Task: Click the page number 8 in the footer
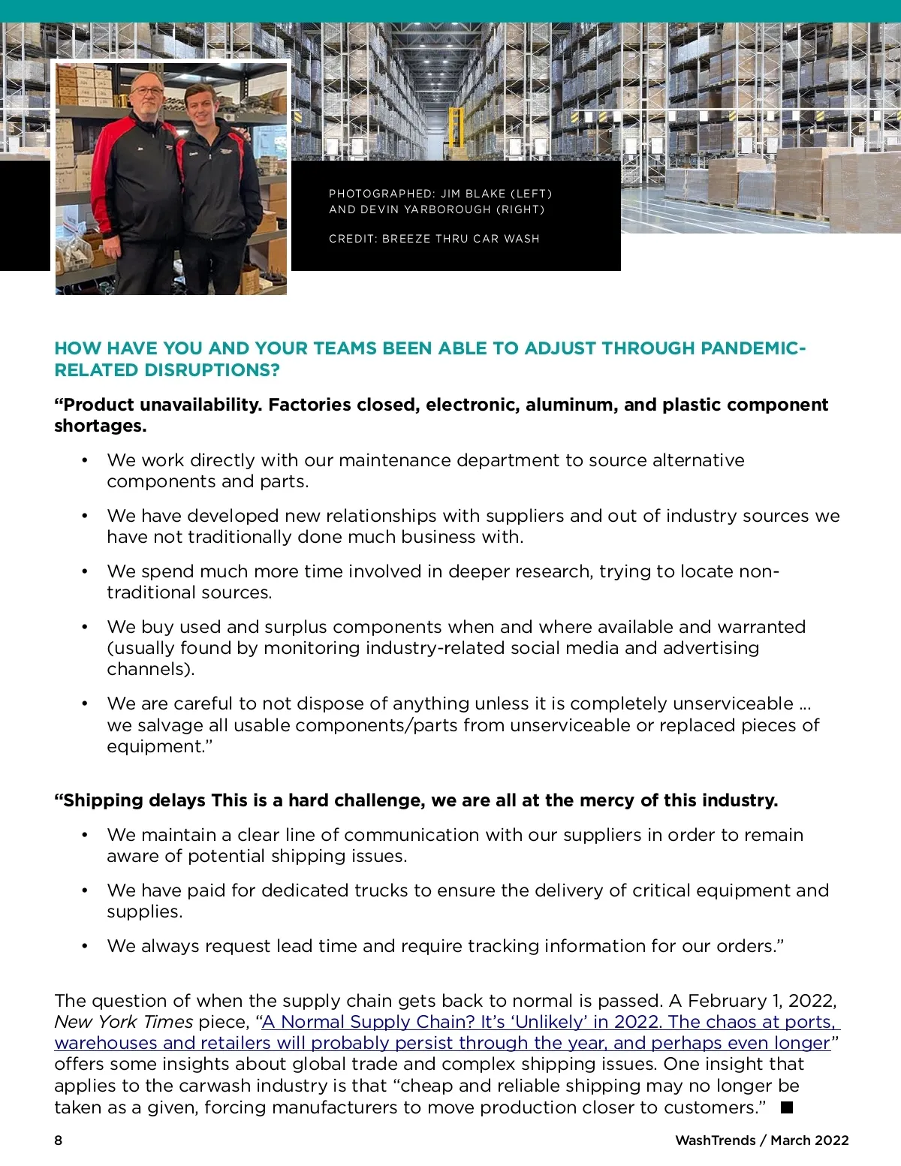59,1140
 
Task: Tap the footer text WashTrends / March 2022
761,1140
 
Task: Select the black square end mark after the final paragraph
787,1107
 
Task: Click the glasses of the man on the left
147,91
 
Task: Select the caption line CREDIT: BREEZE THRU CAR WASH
434,239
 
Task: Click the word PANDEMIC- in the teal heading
753,348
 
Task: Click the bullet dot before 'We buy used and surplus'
85,627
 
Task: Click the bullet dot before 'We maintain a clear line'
85,835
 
